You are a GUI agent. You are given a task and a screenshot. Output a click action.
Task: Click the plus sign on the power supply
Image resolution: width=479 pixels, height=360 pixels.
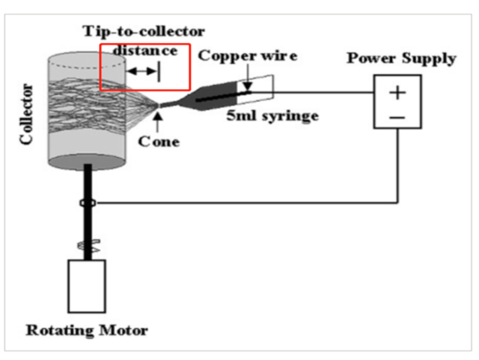point(397,93)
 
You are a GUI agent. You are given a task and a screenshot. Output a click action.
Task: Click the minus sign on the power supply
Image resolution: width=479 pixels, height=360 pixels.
point(397,117)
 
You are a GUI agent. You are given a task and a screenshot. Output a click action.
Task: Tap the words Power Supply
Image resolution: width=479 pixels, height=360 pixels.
point(401,58)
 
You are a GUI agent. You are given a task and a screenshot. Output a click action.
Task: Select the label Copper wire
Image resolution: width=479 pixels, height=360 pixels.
point(247,55)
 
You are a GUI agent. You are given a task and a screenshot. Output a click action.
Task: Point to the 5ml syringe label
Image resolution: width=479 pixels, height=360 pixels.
point(272,116)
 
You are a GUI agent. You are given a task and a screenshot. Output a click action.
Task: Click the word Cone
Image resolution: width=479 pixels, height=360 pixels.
point(159,142)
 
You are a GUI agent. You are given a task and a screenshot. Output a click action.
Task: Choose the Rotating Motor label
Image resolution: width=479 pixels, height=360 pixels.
point(87,331)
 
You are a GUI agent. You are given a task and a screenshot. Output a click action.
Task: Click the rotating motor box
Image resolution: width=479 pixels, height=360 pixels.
point(87,286)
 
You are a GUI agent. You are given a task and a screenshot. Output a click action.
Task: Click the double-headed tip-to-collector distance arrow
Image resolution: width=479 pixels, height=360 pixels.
point(141,71)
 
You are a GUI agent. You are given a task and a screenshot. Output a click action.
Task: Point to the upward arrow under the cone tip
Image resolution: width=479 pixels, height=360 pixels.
point(159,121)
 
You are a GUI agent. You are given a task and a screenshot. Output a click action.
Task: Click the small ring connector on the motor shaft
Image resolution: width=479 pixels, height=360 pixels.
point(87,203)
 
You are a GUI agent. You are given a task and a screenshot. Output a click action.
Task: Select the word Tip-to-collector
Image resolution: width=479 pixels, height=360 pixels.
point(144,31)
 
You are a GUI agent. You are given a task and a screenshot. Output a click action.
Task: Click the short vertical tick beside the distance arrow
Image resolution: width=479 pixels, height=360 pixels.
point(159,71)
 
